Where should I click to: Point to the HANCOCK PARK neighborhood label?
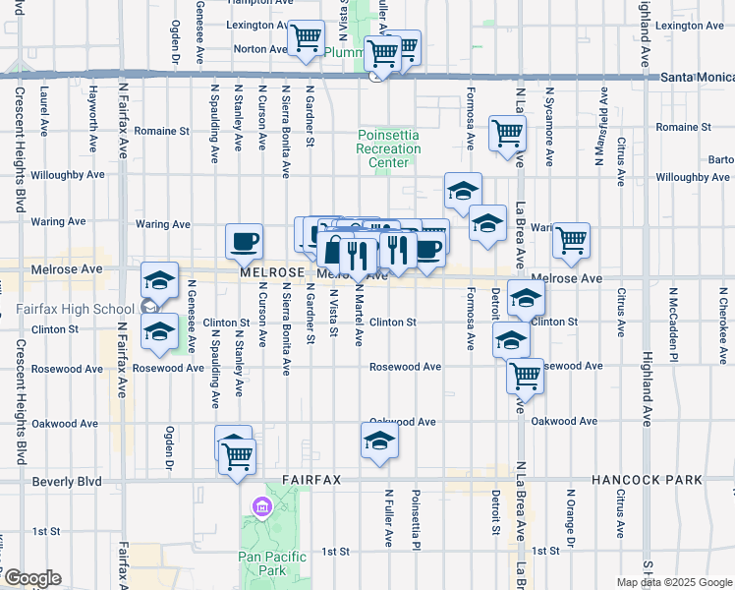pyautogui.click(x=647, y=480)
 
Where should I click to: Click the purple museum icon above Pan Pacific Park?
pyautogui.click(x=261, y=507)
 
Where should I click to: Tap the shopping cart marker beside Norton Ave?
pyautogui.click(x=306, y=39)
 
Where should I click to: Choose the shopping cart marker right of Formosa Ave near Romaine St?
pyautogui.click(x=507, y=133)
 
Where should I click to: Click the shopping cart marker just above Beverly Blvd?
pyautogui.click(x=237, y=457)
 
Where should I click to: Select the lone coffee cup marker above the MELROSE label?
pyautogui.click(x=244, y=240)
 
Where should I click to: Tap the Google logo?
pyautogui.click(x=31, y=578)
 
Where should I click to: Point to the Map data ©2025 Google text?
pyautogui.click(x=674, y=582)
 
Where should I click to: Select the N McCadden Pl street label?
pyautogui.click(x=674, y=319)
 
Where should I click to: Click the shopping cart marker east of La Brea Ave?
pyautogui.click(x=571, y=240)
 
